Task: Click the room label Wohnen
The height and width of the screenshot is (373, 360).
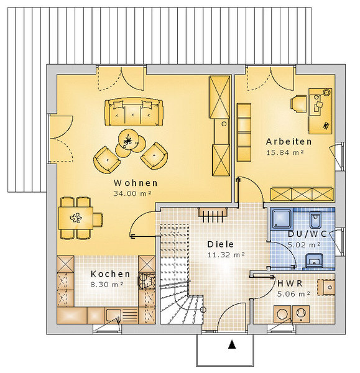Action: pyautogui.click(x=136, y=183)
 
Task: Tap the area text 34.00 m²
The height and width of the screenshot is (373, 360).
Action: pyautogui.click(x=132, y=193)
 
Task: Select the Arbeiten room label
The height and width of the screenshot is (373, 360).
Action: pyautogui.click(x=289, y=142)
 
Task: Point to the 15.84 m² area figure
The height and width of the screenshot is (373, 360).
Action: pyautogui.click(x=285, y=152)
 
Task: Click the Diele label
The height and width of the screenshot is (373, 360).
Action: pyautogui.click(x=221, y=244)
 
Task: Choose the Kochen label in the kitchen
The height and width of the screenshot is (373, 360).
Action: pyautogui.click(x=111, y=274)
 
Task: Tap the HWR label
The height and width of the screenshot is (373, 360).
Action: pyautogui.click(x=290, y=283)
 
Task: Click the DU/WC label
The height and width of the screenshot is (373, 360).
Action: pyautogui.click(x=307, y=234)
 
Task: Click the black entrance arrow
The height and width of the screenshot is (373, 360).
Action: pyautogui.click(x=232, y=344)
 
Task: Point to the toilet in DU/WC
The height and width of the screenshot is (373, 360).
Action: pyautogui.click(x=315, y=219)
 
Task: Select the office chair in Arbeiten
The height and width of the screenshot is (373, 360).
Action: pyautogui.click(x=298, y=103)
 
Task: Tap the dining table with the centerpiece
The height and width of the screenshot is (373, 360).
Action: pyautogui.click(x=76, y=218)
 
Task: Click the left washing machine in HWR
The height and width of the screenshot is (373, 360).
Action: pyautogui.click(x=282, y=313)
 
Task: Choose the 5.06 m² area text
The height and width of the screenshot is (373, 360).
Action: pyautogui.click(x=293, y=294)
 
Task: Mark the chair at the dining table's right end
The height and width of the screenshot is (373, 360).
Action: pyautogui.click(x=98, y=219)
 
